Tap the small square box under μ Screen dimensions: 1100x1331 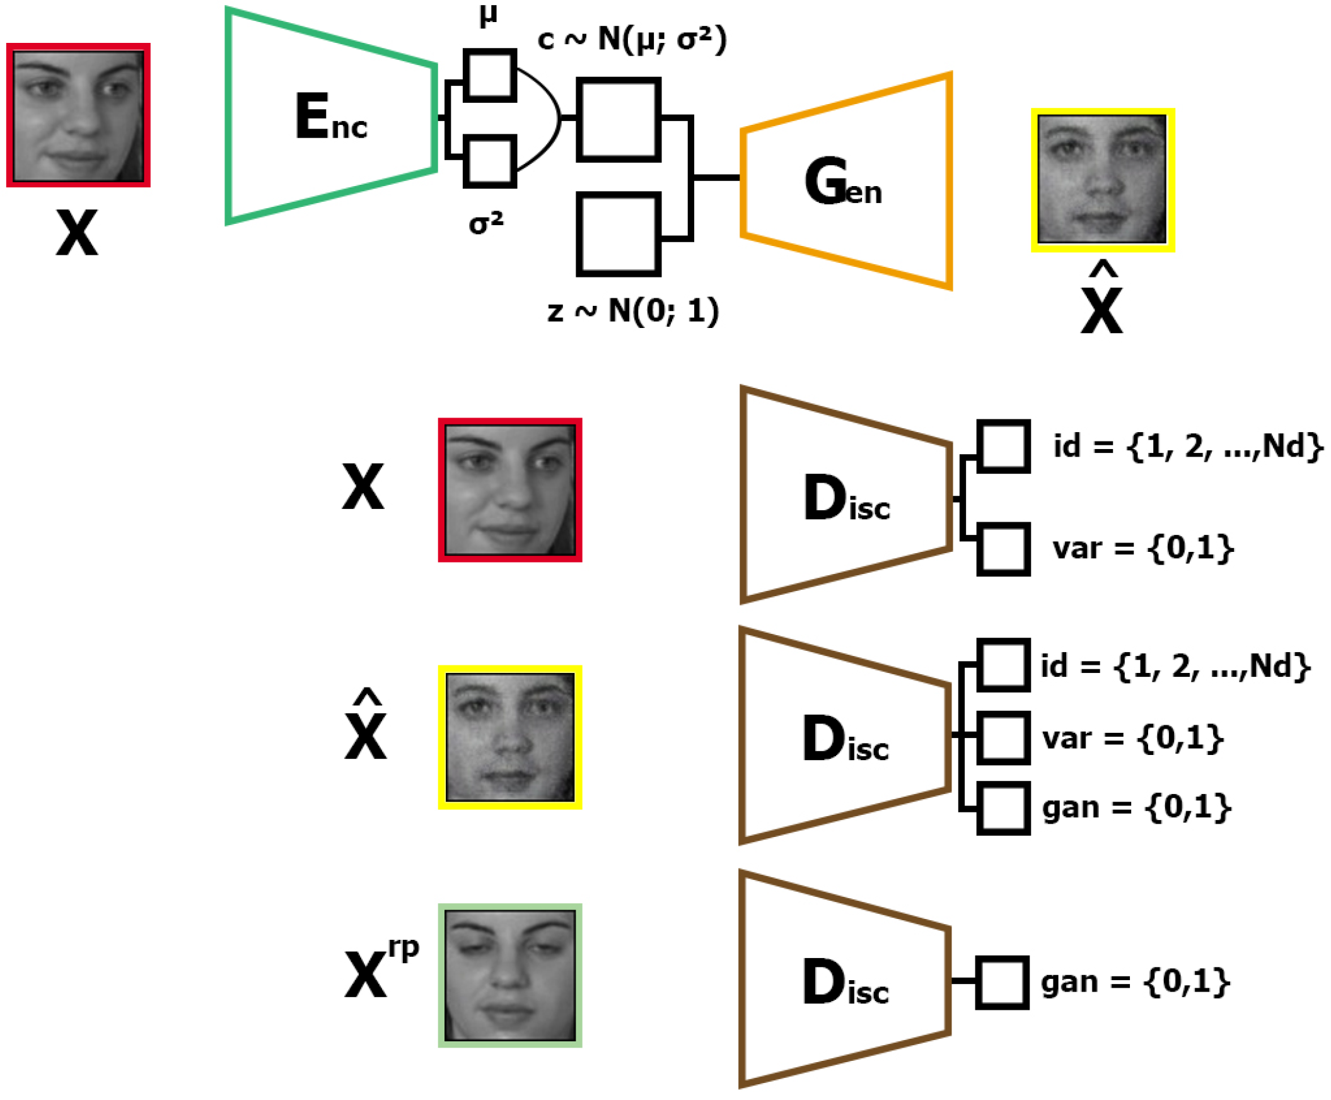489,75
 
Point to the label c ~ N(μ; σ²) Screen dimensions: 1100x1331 632,39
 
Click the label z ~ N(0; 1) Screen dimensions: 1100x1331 633,310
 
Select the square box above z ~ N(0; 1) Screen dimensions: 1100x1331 619,235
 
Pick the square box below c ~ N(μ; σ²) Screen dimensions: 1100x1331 619,119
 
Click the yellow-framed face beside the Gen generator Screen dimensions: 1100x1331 1102,180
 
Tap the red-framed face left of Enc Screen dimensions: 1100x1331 78,115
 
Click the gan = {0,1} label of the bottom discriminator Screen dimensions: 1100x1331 1134,981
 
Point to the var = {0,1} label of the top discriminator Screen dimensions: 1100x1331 1142,547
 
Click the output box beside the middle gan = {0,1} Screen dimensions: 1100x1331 1003,809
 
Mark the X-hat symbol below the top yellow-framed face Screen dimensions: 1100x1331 1101,301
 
